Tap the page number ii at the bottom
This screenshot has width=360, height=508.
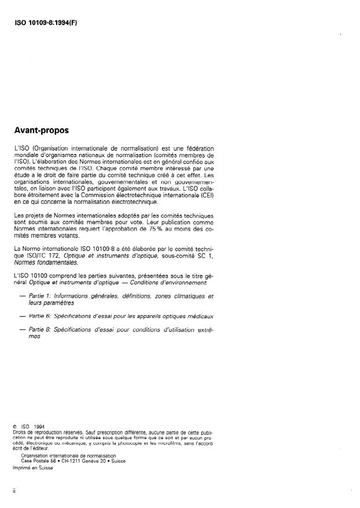tap(14, 490)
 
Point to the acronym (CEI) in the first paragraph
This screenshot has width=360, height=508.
tap(204, 195)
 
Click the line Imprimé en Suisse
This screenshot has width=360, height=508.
tap(32, 467)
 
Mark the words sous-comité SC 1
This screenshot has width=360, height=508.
tap(184, 255)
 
